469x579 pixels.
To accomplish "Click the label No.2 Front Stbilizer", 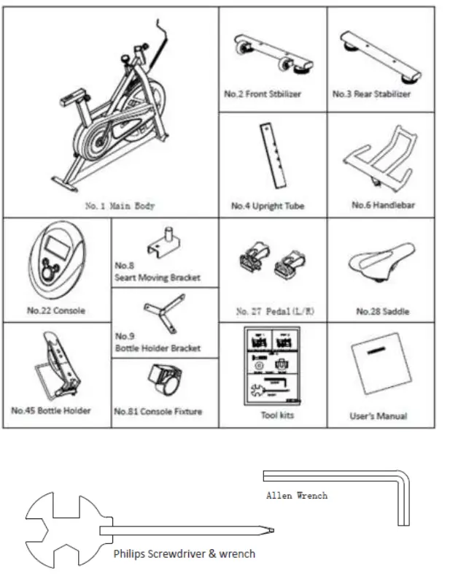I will coord(262,94).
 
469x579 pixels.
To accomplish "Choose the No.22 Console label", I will coord(56,310).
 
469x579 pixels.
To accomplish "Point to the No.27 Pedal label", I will coord(271,312).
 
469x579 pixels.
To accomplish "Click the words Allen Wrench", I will coord(296,495).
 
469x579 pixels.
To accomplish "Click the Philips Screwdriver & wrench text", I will coord(184,553).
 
